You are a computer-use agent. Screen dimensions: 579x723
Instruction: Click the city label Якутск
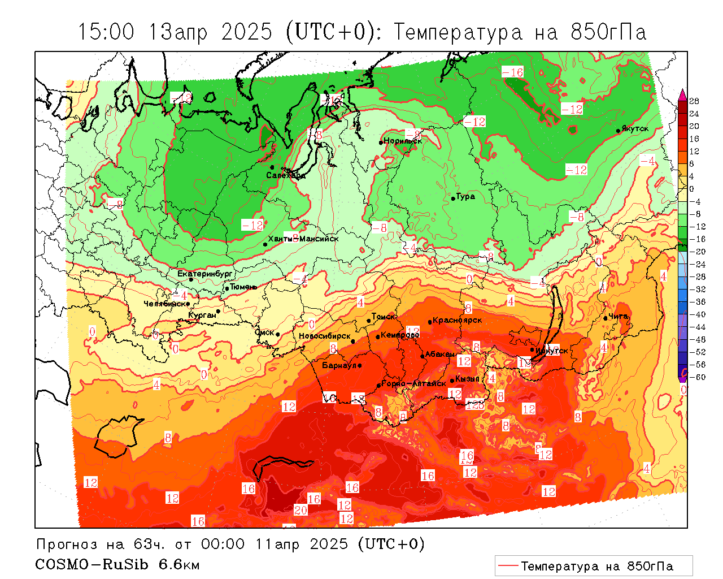coord(635,129)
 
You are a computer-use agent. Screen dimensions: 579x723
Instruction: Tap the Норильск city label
coord(403,141)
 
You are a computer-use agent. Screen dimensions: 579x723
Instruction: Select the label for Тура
coord(465,197)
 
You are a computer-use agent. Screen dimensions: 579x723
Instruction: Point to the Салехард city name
coord(286,175)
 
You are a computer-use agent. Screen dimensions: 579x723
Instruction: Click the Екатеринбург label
coord(205,274)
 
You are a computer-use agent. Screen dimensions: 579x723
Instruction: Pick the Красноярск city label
coord(458,320)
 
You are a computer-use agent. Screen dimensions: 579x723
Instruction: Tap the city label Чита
coord(619,316)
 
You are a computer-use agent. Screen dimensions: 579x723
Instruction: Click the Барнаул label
coord(339,365)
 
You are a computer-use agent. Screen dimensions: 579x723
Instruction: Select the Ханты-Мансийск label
coord(303,239)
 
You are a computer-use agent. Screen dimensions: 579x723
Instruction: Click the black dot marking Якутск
coord(619,131)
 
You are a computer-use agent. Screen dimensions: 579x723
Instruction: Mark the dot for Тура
coord(453,198)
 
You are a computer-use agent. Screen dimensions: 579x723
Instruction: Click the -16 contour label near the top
coord(512,72)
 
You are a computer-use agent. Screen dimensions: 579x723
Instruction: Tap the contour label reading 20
coord(300,511)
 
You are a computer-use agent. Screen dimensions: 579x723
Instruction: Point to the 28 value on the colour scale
coord(694,101)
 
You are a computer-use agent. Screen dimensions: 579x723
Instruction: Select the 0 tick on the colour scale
coord(692,189)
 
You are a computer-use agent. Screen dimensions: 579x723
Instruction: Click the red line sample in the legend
coord(508,566)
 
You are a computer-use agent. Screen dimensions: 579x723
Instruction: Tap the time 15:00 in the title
coord(106,32)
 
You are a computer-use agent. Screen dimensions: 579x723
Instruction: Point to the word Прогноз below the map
coord(68,544)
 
